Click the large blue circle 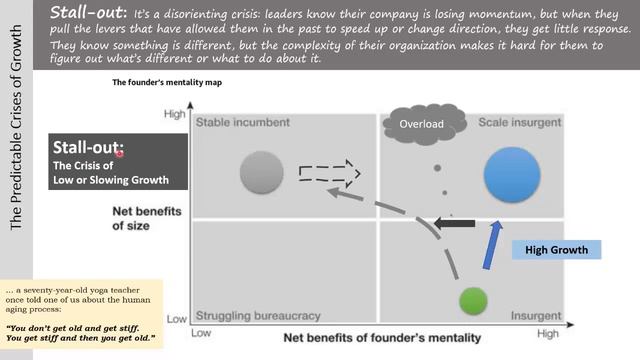click(x=512, y=176)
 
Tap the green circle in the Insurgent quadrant click(x=472, y=301)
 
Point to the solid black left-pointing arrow click(x=454, y=223)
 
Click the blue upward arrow click(x=492, y=246)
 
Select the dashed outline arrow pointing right click(x=330, y=171)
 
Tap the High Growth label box click(x=557, y=249)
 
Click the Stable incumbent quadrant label click(x=243, y=123)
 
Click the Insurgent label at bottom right click(x=538, y=316)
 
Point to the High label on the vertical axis click(x=174, y=115)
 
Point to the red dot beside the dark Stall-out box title click(x=119, y=153)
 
